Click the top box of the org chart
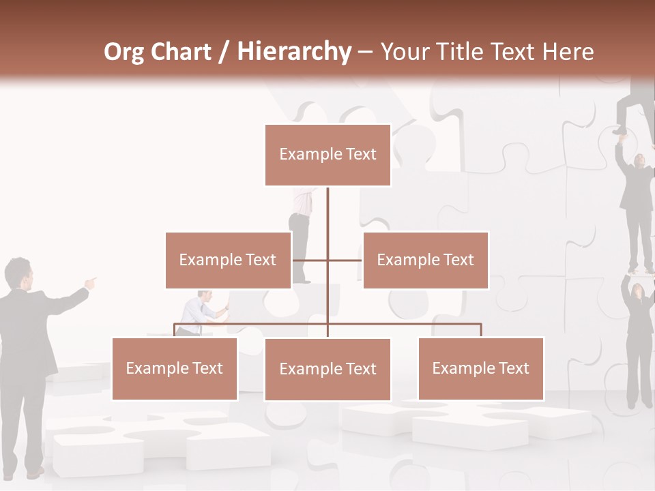[x=327, y=155]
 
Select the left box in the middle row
[x=228, y=260]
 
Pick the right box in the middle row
[x=426, y=260]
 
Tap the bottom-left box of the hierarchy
[x=175, y=368]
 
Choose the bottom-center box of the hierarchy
[x=327, y=369]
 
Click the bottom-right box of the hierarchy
[x=481, y=368]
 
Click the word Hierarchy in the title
[x=294, y=52]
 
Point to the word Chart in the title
[x=182, y=52]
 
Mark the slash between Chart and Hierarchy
[x=223, y=53]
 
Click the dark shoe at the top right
[x=620, y=129]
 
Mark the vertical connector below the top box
[x=327, y=211]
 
